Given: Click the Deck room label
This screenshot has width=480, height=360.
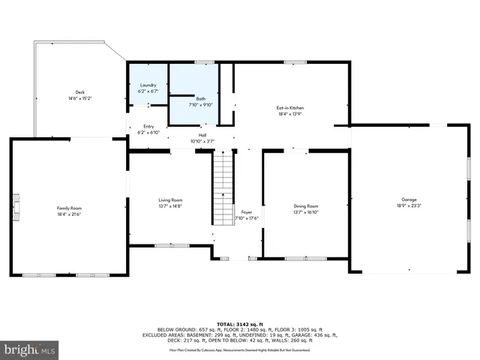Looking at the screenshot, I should [79, 92].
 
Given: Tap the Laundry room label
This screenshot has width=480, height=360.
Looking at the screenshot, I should [148, 85].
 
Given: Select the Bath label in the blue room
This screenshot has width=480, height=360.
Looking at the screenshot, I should [200, 98].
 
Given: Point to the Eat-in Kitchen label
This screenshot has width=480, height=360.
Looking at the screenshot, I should [290, 107].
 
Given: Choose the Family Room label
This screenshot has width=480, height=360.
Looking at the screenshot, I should [69, 208].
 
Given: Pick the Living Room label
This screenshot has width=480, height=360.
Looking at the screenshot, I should [170, 200].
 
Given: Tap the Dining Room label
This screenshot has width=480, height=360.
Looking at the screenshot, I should [306, 205].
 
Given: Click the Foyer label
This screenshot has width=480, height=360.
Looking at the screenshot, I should [246, 213].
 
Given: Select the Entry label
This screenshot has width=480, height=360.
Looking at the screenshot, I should [148, 126].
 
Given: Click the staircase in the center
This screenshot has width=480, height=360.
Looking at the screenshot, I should [223, 187].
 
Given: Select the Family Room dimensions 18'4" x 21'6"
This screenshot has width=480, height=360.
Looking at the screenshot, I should [69, 214].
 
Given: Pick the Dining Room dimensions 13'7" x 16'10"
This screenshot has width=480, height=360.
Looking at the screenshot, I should [306, 211].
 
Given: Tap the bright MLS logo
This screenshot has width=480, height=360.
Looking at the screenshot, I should [29, 349].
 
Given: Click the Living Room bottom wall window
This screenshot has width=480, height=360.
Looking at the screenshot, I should [172, 245].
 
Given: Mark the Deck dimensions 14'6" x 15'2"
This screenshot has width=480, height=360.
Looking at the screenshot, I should [79, 98].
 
